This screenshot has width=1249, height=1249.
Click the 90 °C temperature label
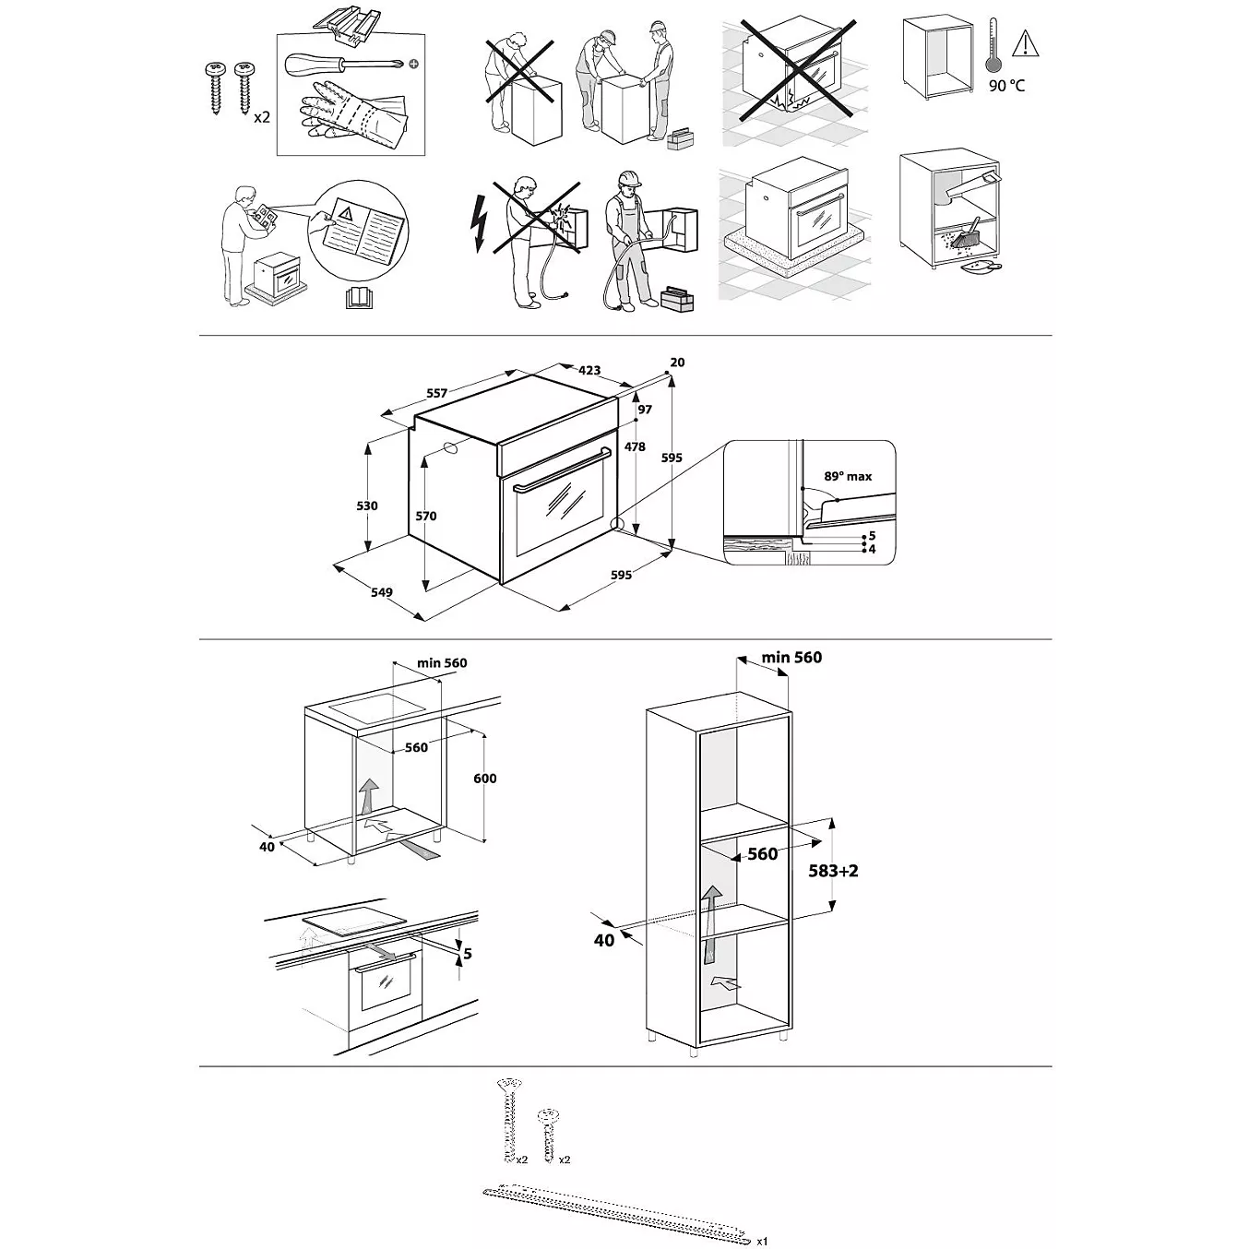(x=1006, y=86)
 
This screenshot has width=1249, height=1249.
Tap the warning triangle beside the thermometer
(x=1026, y=44)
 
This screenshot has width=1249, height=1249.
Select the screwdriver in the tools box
(x=346, y=63)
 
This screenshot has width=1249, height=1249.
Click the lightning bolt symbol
(x=479, y=224)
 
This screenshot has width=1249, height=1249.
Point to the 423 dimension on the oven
(x=589, y=370)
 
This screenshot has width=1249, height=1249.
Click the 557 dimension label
(x=437, y=393)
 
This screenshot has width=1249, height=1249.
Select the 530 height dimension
(x=367, y=506)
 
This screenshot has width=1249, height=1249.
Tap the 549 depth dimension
(x=382, y=592)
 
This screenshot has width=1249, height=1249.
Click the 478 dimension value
(x=636, y=446)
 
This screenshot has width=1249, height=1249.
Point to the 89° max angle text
(x=848, y=476)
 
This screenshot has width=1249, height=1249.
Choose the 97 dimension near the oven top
(x=644, y=410)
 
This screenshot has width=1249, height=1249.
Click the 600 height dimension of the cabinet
(x=485, y=779)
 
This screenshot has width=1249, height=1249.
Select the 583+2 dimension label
(x=833, y=871)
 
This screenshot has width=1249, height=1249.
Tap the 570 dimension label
(x=426, y=516)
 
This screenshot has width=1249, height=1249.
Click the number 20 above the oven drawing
(x=677, y=363)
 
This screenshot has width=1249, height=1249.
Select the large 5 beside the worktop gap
(x=468, y=954)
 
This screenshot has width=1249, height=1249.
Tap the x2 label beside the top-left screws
(x=262, y=118)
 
